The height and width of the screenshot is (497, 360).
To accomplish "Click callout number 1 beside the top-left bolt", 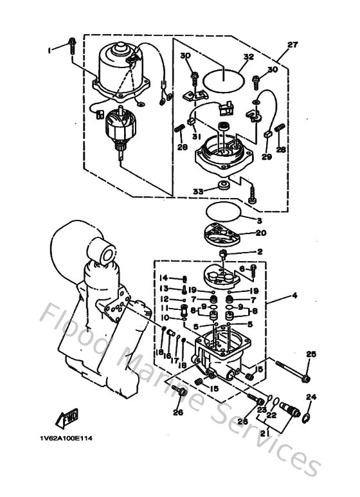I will [48, 49].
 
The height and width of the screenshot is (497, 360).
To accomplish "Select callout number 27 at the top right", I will [294, 45].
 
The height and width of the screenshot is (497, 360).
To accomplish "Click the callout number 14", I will [165, 278].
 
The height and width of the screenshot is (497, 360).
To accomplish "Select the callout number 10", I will [164, 317].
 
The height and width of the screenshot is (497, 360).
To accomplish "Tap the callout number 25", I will [312, 354].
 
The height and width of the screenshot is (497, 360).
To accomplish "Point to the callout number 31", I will [194, 136].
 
